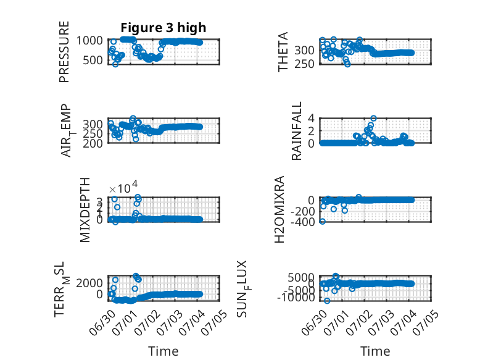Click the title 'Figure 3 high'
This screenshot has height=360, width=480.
[163, 28]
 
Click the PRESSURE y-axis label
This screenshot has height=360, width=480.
[64, 52]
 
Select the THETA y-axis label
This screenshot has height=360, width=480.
[283, 52]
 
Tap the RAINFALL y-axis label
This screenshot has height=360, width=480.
[297, 131]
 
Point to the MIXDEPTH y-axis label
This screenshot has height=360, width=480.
[85, 210]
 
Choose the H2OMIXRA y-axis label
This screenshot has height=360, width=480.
[279, 209]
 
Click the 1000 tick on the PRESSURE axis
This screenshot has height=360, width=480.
[89, 40]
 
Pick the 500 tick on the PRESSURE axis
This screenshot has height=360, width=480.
[93, 60]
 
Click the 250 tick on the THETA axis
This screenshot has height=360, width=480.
[305, 64]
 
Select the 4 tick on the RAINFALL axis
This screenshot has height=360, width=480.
[312, 118]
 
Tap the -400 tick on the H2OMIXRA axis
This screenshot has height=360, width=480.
[303, 222]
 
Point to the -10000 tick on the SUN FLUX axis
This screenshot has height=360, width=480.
[296, 297]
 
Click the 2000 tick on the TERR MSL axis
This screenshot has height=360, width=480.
[89, 282]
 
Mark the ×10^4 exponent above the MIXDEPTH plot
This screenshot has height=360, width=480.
[123, 188]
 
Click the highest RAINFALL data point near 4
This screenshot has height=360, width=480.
[373, 119]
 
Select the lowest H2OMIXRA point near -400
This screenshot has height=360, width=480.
[322, 221]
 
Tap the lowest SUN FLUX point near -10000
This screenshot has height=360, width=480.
[327, 301]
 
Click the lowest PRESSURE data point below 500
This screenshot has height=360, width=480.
[115, 64]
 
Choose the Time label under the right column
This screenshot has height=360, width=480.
[375, 351]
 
